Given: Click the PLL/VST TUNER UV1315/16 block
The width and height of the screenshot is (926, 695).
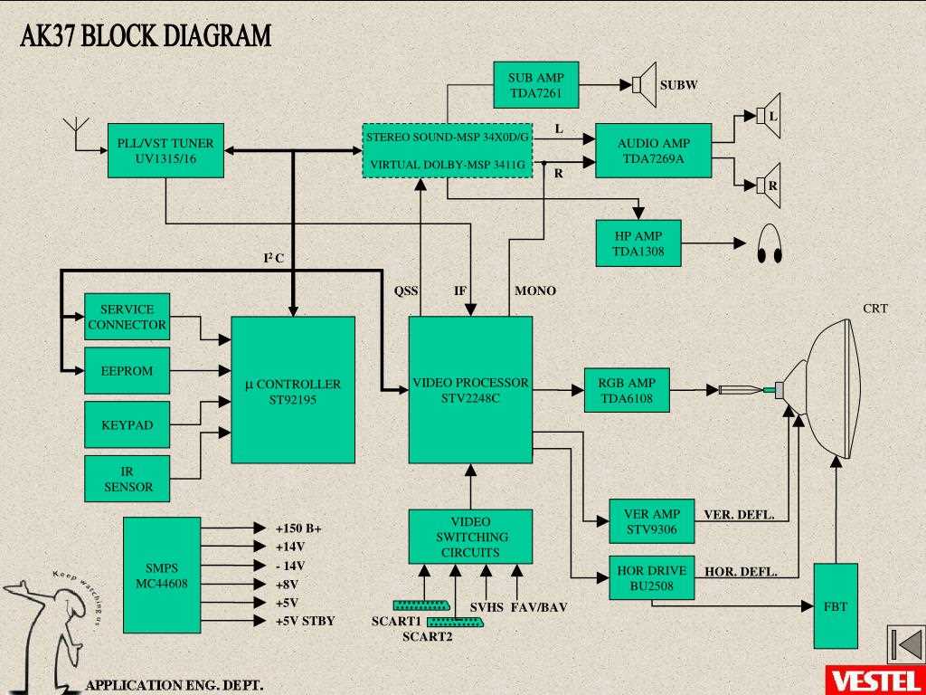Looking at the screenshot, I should tap(165, 150).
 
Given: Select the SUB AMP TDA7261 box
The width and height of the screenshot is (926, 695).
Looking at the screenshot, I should tap(535, 85).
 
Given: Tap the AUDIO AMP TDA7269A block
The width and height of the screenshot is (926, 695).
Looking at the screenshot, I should tap(653, 150).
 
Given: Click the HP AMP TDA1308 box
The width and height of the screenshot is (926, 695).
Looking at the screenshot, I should tap(638, 243).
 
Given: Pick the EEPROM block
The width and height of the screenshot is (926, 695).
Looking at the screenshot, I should tap(127, 371).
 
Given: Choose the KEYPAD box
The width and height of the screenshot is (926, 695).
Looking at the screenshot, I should tap(127, 424).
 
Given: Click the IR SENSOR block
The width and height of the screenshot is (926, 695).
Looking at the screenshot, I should tap(127, 479).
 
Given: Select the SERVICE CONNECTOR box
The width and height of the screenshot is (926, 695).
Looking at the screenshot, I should tap(127, 317).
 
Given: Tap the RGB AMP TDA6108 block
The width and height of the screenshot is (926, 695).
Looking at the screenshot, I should tap(627, 390).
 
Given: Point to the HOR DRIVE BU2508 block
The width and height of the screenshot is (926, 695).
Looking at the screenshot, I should tap(651, 577).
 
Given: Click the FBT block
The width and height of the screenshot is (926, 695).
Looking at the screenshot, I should tap(836, 605).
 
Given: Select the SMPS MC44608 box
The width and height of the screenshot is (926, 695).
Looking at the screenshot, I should tap(161, 576).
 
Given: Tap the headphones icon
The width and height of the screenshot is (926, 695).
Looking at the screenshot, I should tap(770, 243).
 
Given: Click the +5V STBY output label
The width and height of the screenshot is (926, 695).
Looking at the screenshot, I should tap(305, 621).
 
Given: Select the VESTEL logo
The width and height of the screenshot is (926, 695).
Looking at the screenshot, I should tap(874, 680).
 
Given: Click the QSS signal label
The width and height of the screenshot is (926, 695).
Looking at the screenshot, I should tap(406, 290).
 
